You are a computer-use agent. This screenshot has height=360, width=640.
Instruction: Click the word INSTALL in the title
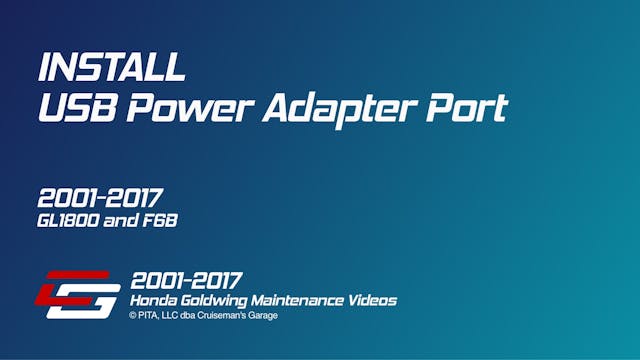(x=111, y=67)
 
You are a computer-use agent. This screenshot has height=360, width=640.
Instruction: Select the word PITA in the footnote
(x=150, y=316)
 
